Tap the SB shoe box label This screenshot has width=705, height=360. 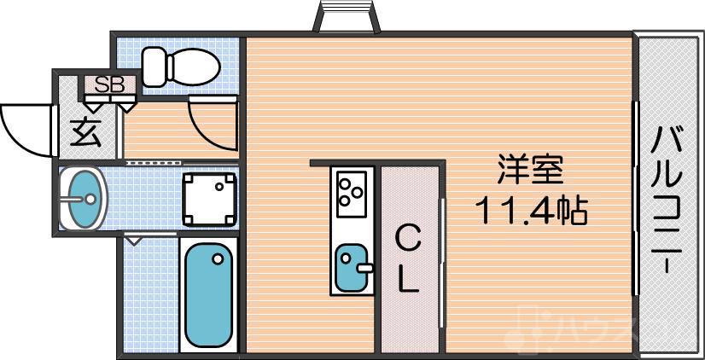[x=108, y=84]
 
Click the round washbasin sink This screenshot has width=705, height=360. [x=83, y=199]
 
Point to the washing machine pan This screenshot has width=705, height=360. [x=209, y=198]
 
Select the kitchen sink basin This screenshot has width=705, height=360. [x=351, y=268]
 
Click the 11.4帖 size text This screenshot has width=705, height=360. [x=531, y=208]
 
